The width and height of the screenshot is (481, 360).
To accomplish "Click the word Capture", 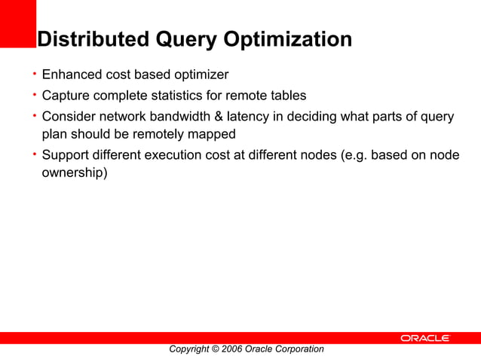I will coord(66,96).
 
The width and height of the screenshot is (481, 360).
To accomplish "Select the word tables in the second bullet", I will coord(288,96).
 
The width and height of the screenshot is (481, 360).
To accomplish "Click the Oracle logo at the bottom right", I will coord(425,338).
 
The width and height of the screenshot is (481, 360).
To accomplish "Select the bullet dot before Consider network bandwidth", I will coord(34,116).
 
